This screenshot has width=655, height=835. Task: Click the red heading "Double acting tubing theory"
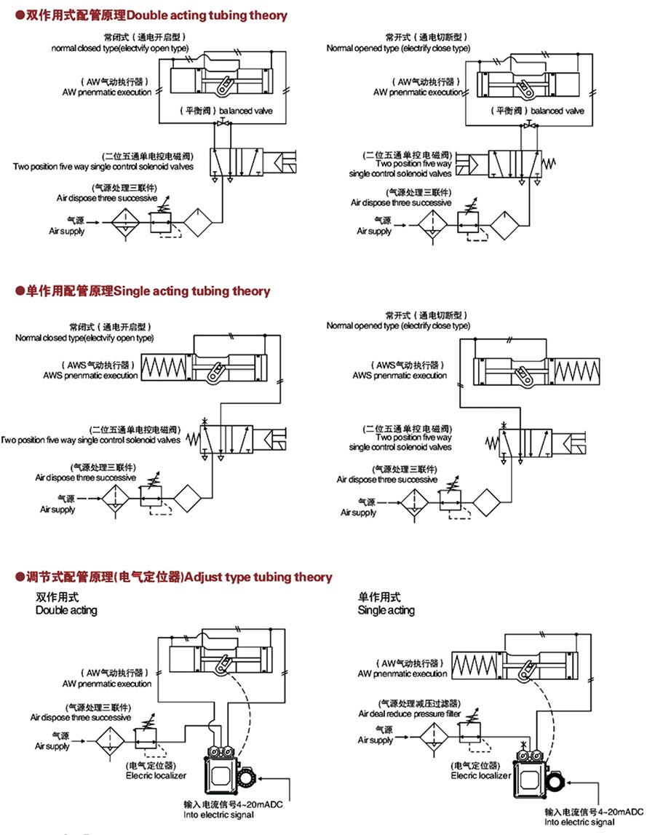(207, 15)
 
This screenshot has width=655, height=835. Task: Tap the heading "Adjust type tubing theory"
(258, 577)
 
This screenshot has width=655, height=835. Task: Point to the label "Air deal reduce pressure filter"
(409, 714)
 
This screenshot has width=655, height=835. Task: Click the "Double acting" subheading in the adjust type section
(66, 610)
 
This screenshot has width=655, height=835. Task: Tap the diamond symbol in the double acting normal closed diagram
(199, 221)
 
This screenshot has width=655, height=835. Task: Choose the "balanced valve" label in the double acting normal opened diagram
(557, 111)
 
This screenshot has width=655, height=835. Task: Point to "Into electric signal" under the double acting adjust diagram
(219, 815)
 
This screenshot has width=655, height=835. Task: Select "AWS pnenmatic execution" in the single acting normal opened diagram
(400, 376)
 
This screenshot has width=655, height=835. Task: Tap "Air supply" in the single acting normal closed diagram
(57, 510)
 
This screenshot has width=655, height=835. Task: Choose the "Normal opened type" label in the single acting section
(398, 326)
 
